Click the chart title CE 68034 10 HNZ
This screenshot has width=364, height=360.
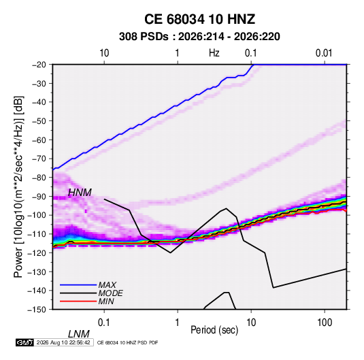tap(199, 19)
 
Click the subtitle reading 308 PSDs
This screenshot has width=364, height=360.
tap(144, 37)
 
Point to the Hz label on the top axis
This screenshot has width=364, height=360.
tap(214, 53)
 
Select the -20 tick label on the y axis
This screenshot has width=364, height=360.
tap(39, 65)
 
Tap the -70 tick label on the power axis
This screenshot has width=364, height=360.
tap(39, 159)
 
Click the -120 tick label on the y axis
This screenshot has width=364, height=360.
tap(37, 252)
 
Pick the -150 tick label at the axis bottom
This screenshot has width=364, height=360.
tap(37, 310)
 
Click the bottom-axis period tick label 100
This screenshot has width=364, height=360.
tap(325, 323)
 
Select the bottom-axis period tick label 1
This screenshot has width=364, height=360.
tap(178, 323)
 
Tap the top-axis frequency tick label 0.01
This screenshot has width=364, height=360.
tap(324, 53)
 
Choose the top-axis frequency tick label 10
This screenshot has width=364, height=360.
tap(104, 53)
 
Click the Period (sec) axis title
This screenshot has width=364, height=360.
tap(214, 330)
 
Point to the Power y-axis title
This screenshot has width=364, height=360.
tap(18, 186)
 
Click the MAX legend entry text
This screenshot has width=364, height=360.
tap(107, 285)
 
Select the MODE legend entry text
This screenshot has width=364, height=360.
tap(110, 293)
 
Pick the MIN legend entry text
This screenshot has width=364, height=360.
tap(106, 301)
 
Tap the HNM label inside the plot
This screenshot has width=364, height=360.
tap(80, 193)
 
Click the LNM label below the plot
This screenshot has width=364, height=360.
tap(79, 334)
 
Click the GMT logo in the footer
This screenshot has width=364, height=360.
tap(24, 342)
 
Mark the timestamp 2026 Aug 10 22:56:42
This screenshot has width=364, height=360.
tap(63, 342)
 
